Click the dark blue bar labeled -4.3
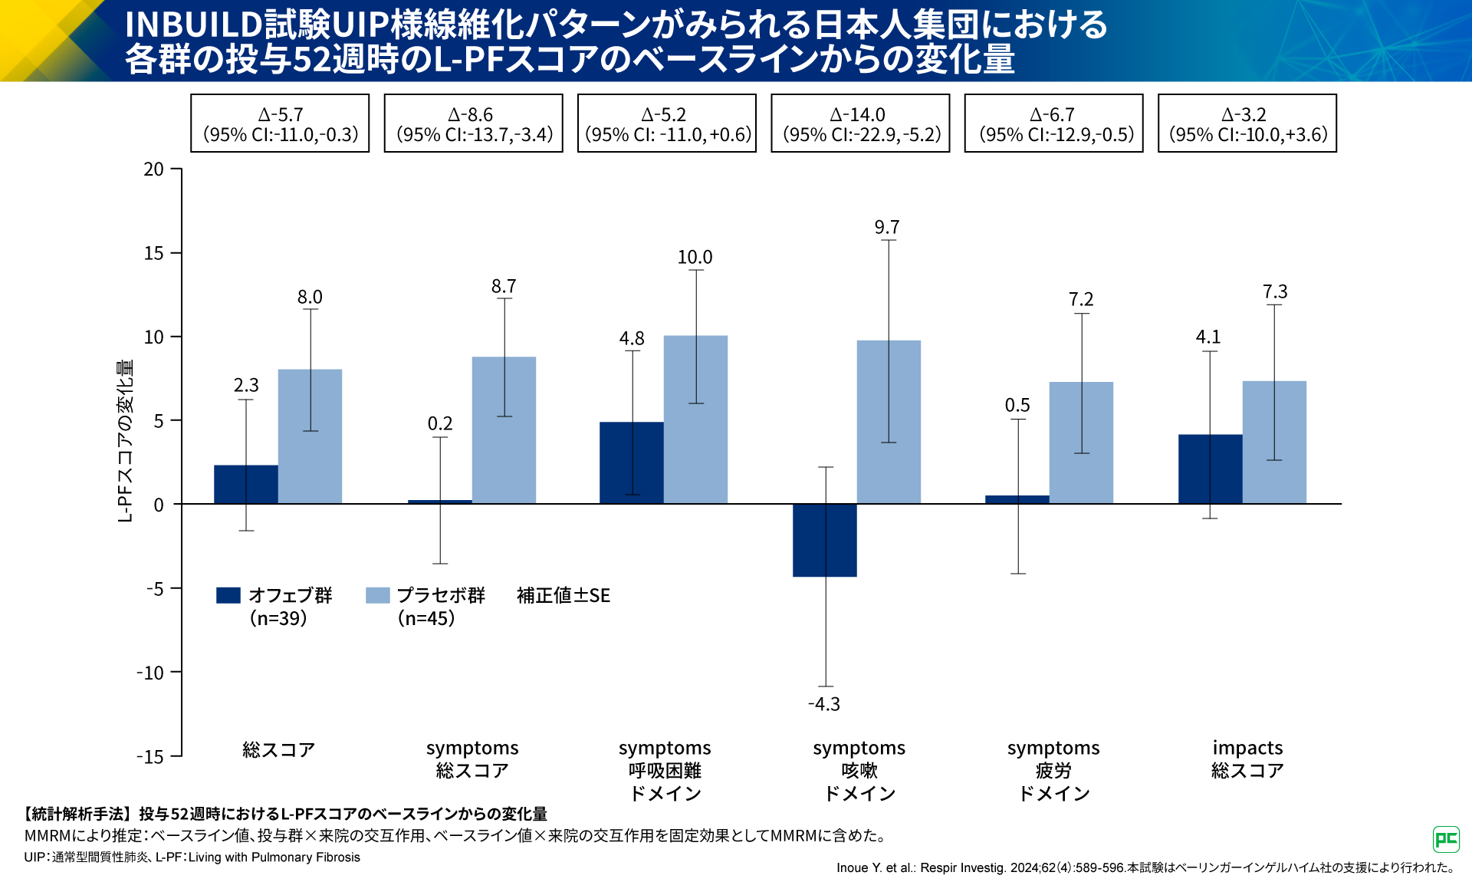(x=824, y=540)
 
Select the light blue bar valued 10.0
(x=695, y=420)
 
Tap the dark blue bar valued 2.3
(x=245, y=485)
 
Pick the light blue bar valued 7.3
(x=1274, y=443)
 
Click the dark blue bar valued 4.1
(x=1210, y=469)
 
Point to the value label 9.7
(x=887, y=228)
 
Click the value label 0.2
(x=440, y=424)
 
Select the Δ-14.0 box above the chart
(x=860, y=123)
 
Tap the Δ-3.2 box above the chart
(x=1247, y=123)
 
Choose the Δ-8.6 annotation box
(x=473, y=123)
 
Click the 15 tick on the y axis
(x=154, y=253)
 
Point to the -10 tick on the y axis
(x=151, y=673)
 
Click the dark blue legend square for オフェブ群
(x=228, y=595)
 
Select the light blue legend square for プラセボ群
(x=378, y=595)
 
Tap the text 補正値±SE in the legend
(x=563, y=596)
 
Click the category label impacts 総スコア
(x=1247, y=759)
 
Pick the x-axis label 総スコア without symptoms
(x=278, y=749)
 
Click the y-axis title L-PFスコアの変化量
(x=125, y=441)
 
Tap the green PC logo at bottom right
(x=1446, y=839)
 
